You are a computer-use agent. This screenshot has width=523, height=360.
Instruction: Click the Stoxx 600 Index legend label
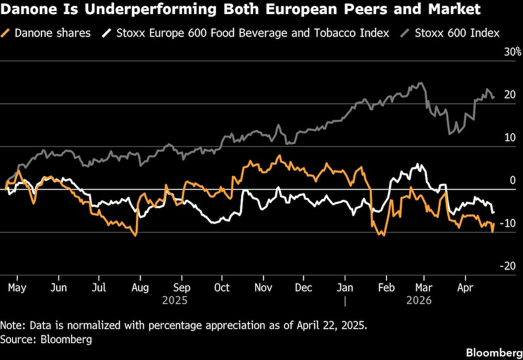tap(457, 33)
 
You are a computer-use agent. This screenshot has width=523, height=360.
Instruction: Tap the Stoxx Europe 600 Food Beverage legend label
tap(253, 33)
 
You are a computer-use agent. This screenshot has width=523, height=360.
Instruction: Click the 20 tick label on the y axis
tap(510, 95)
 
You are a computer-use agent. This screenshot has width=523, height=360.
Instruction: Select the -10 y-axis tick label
tap(508, 223)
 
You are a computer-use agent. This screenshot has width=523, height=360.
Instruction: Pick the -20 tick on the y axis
tap(508, 266)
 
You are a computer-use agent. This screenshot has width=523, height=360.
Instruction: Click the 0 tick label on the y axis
tap(513, 181)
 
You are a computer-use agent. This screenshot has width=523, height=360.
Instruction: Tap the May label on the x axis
tap(17, 287)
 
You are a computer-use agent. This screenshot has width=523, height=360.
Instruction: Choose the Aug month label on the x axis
tap(140, 287)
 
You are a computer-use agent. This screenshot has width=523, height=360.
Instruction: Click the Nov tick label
tap(263, 287)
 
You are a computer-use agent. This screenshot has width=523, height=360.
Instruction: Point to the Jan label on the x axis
tap(345, 287)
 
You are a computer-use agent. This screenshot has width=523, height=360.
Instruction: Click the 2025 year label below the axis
tap(175, 301)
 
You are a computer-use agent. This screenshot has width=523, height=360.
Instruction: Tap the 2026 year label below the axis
tap(418, 301)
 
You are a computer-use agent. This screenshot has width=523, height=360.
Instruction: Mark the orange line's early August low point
tap(136, 235)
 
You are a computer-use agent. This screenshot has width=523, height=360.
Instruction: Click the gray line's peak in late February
tap(420, 83)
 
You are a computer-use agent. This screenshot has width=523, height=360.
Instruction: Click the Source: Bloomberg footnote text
tap(46, 340)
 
